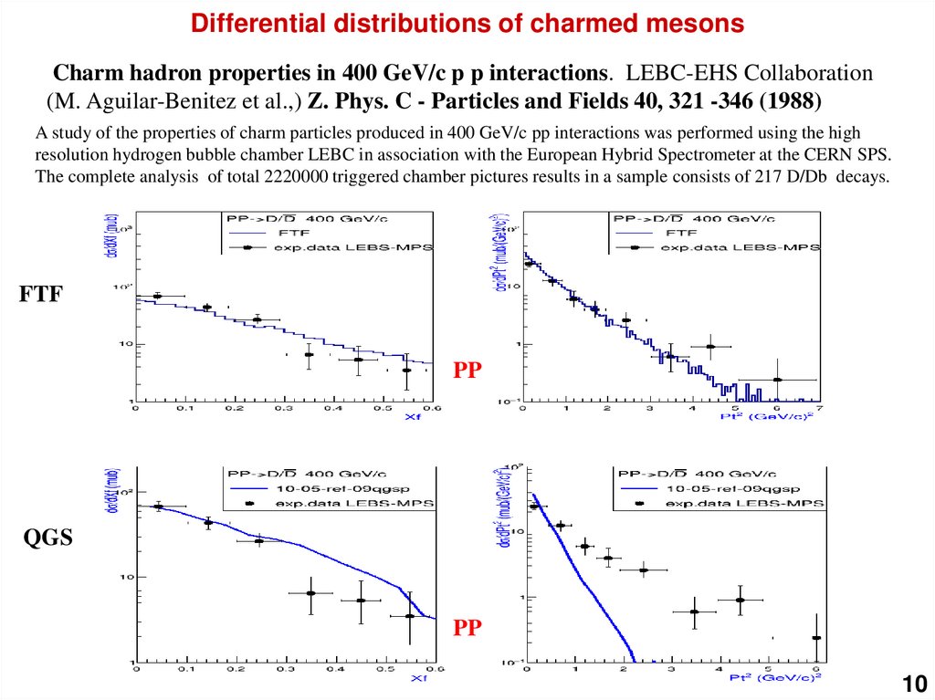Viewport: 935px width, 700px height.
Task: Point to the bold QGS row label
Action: pyautogui.click(x=47, y=539)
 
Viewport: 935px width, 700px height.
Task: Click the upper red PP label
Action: pyautogui.click(x=467, y=371)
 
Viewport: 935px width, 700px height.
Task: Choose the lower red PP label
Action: pyautogui.click(x=467, y=628)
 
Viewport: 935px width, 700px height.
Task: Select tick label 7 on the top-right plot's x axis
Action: pyautogui.click(x=820, y=409)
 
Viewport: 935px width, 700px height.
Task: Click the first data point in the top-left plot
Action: pyautogui.click(x=157, y=296)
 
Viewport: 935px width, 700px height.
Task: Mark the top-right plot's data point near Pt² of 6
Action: pyautogui.click(x=776, y=380)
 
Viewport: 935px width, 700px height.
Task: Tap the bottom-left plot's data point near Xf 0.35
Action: pyautogui.click(x=310, y=593)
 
